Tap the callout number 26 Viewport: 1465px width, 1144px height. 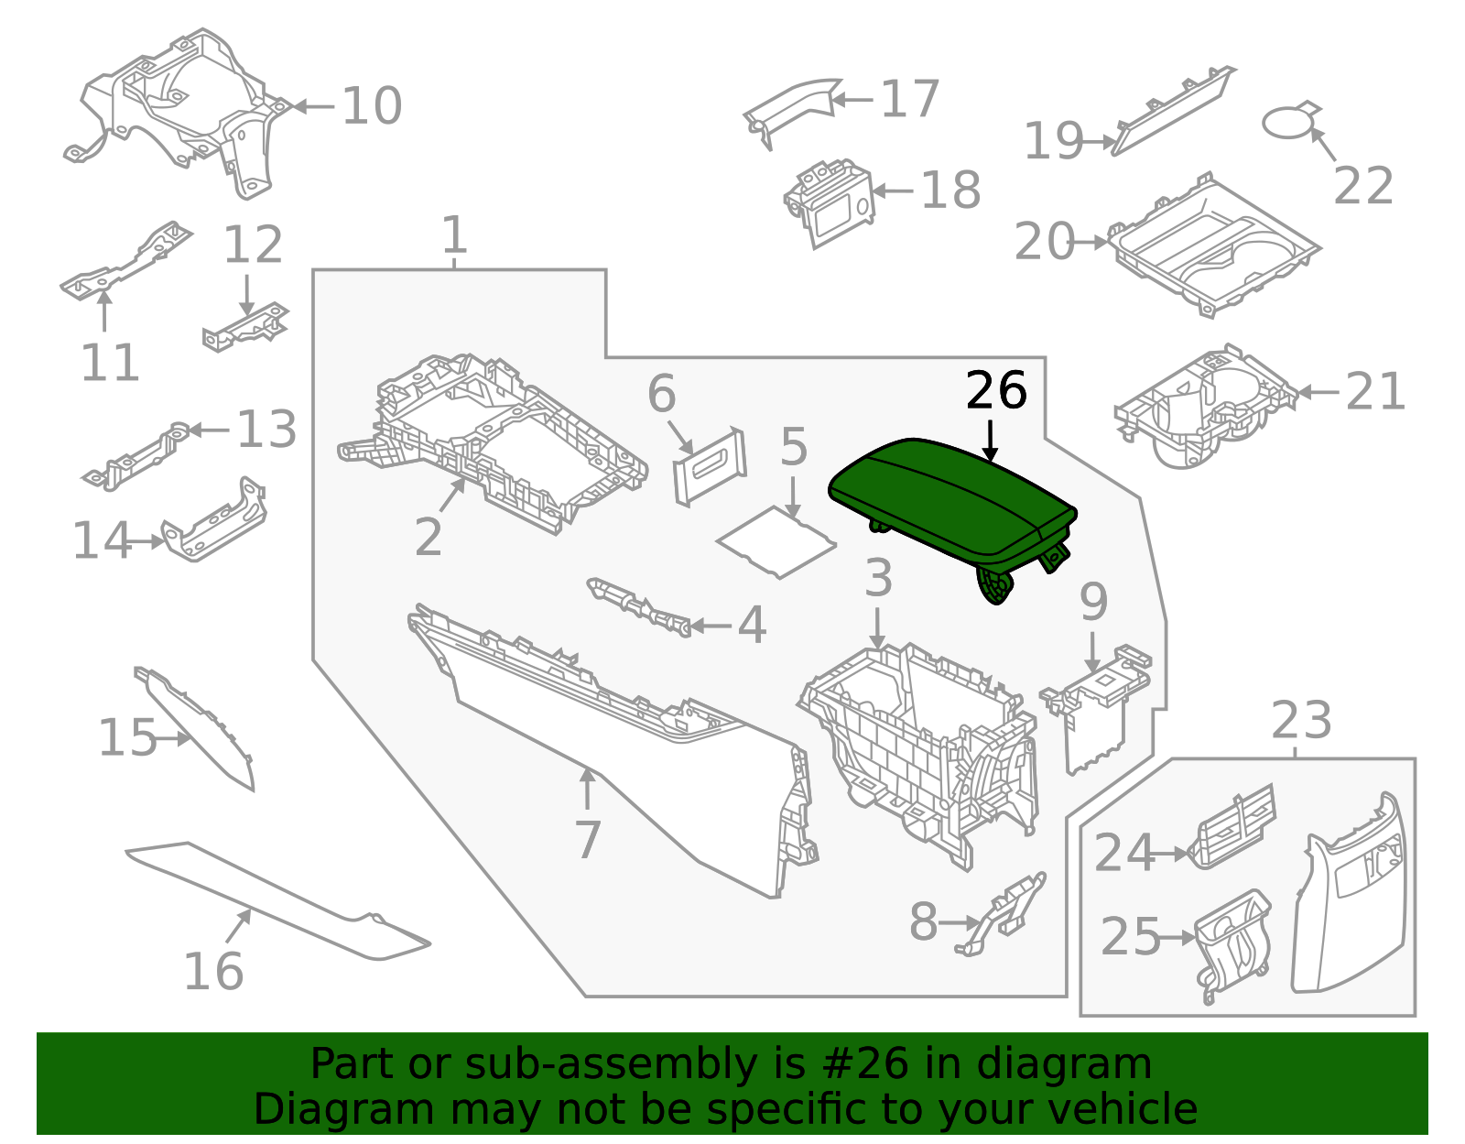point(996,391)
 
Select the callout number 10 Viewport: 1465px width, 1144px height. point(372,106)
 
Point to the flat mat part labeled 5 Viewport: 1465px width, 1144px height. point(776,544)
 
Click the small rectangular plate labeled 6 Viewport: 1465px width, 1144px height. point(710,465)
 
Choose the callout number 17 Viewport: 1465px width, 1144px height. point(909,99)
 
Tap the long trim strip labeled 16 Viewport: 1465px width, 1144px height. point(275,902)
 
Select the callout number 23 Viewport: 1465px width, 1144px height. point(1301,721)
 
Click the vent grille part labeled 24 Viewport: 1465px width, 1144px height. point(1232,827)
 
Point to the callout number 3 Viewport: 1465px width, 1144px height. point(878,579)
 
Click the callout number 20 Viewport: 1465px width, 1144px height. point(1044,243)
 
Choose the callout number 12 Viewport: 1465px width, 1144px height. point(253,245)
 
